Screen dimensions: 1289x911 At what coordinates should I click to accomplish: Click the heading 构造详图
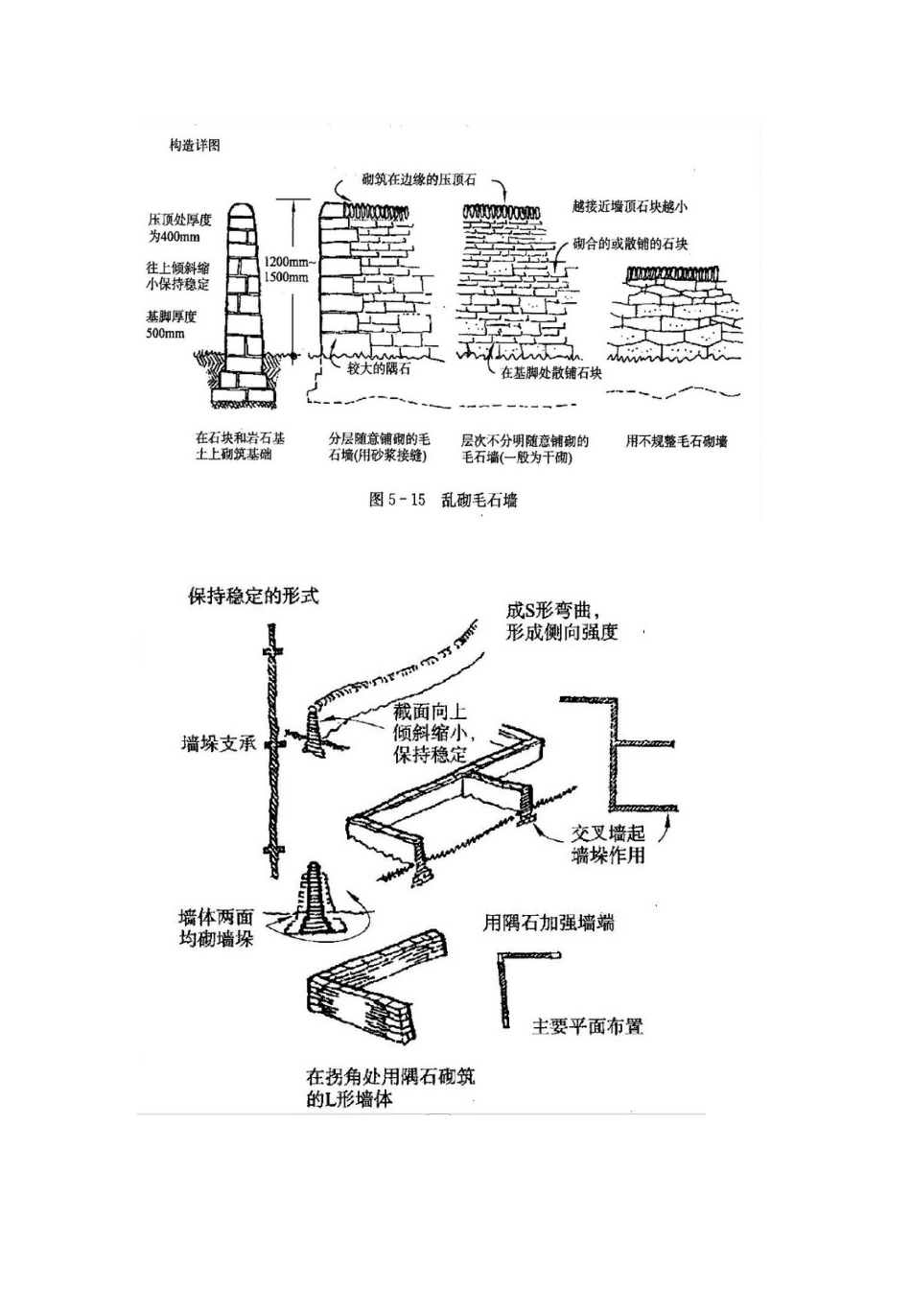[x=195, y=145]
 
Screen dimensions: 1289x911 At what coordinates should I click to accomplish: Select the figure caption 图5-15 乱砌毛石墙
[x=443, y=500]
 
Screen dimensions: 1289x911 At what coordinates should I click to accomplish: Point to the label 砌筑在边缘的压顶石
[x=419, y=180]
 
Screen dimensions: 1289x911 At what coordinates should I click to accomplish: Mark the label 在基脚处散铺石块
[x=551, y=372]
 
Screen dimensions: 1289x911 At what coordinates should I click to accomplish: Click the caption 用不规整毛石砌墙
[x=676, y=441]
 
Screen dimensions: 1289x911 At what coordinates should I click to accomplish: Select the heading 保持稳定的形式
[x=253, y=596]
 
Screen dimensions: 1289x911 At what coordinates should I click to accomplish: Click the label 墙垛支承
[x=219, y=743]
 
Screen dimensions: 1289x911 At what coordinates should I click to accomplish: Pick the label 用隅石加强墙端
[x=549, y=923]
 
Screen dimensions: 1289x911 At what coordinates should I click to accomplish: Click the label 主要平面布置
[x=587, y=1026]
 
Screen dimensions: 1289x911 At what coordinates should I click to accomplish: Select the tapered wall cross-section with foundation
[x=243, y=307]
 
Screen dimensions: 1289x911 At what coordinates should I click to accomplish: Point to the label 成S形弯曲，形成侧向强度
[x=562, y=621]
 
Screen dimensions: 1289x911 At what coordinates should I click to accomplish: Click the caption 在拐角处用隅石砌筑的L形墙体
[x=390, y=1088]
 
